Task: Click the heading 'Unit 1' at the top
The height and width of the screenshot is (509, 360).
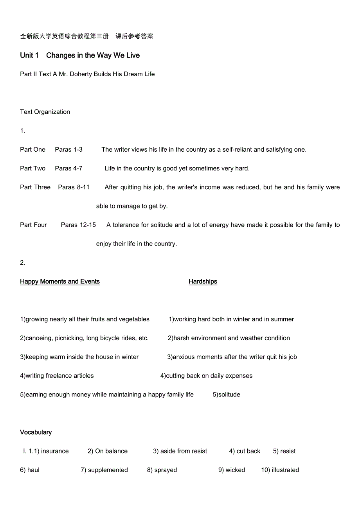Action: coord(29,56)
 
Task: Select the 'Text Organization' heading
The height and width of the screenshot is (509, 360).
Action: coord(45,112)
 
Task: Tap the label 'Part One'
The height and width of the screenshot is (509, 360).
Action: coord(32,149)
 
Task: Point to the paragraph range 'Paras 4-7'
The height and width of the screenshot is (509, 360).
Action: coord(68,168)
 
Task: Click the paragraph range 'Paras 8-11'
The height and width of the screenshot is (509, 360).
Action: coord(74,187)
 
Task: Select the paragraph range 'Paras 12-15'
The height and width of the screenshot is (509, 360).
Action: coord(78,225)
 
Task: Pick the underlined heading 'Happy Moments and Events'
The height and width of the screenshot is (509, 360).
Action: coord(60,281)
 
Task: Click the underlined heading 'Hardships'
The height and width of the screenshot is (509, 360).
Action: coord(203,281)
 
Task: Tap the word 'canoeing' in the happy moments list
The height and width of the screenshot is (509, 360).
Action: coord(38,338)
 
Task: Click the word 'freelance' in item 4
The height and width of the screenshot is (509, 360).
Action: coord(58,376)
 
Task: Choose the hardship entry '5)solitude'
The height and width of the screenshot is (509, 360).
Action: coord(227,394)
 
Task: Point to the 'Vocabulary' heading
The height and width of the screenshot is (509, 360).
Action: coord(36,432)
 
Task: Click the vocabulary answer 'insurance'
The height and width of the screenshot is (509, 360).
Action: coord(55,451)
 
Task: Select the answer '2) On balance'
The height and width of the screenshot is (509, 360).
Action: coord(108,451)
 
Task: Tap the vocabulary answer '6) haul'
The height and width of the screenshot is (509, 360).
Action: coord(30,470)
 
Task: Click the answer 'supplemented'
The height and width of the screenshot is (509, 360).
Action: coord(108,470)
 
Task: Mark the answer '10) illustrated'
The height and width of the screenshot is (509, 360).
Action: coord(280,470)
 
